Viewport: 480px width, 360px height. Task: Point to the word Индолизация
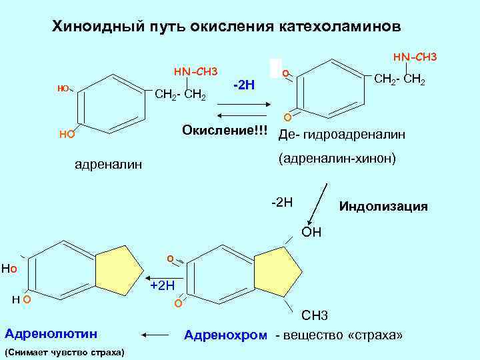pyautogui.click(x=383, y=206)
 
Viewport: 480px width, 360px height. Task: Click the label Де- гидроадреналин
pyautogui.click(x=341, y=135)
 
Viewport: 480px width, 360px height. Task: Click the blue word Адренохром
pyautogui.click(x=225, y=334)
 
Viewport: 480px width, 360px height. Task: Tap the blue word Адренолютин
pyautogui.click(x=51, y=333)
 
